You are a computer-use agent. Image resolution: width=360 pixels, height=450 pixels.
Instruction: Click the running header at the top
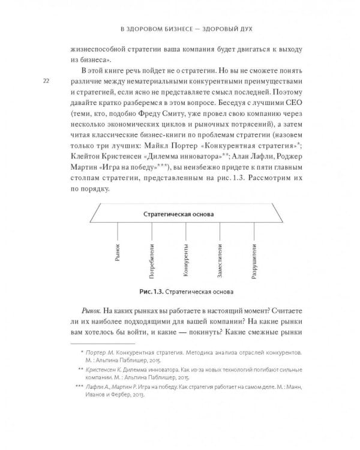[x=180, y=29]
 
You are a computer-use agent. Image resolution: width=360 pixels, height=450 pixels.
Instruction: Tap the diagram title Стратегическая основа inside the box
[x=179, y=214]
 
